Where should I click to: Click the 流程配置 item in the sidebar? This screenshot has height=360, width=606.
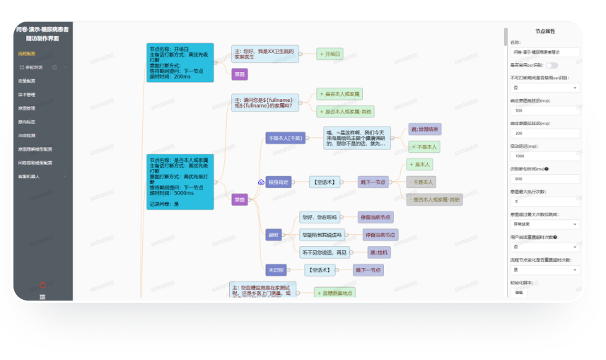27,54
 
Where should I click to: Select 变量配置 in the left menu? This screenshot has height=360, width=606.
27,81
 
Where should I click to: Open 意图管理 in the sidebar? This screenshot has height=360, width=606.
27,108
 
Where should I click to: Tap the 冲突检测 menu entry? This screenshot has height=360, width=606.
27,136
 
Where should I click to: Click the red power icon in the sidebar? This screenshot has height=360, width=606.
42,285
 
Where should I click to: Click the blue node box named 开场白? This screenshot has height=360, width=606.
180,62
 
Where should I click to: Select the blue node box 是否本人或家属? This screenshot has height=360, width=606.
180,182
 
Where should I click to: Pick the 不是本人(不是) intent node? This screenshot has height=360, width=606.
286,138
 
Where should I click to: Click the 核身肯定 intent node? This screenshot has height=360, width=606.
278,182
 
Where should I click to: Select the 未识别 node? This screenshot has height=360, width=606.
276,270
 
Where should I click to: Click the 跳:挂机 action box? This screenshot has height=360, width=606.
378,252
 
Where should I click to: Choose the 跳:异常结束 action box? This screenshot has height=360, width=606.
425,129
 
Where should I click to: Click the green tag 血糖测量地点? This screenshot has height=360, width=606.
334,292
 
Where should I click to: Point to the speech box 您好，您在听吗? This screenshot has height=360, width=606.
320,217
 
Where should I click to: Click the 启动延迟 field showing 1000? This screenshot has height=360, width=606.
544,156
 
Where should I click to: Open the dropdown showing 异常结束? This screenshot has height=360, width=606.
544,223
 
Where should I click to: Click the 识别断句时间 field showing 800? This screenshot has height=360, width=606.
544,179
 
